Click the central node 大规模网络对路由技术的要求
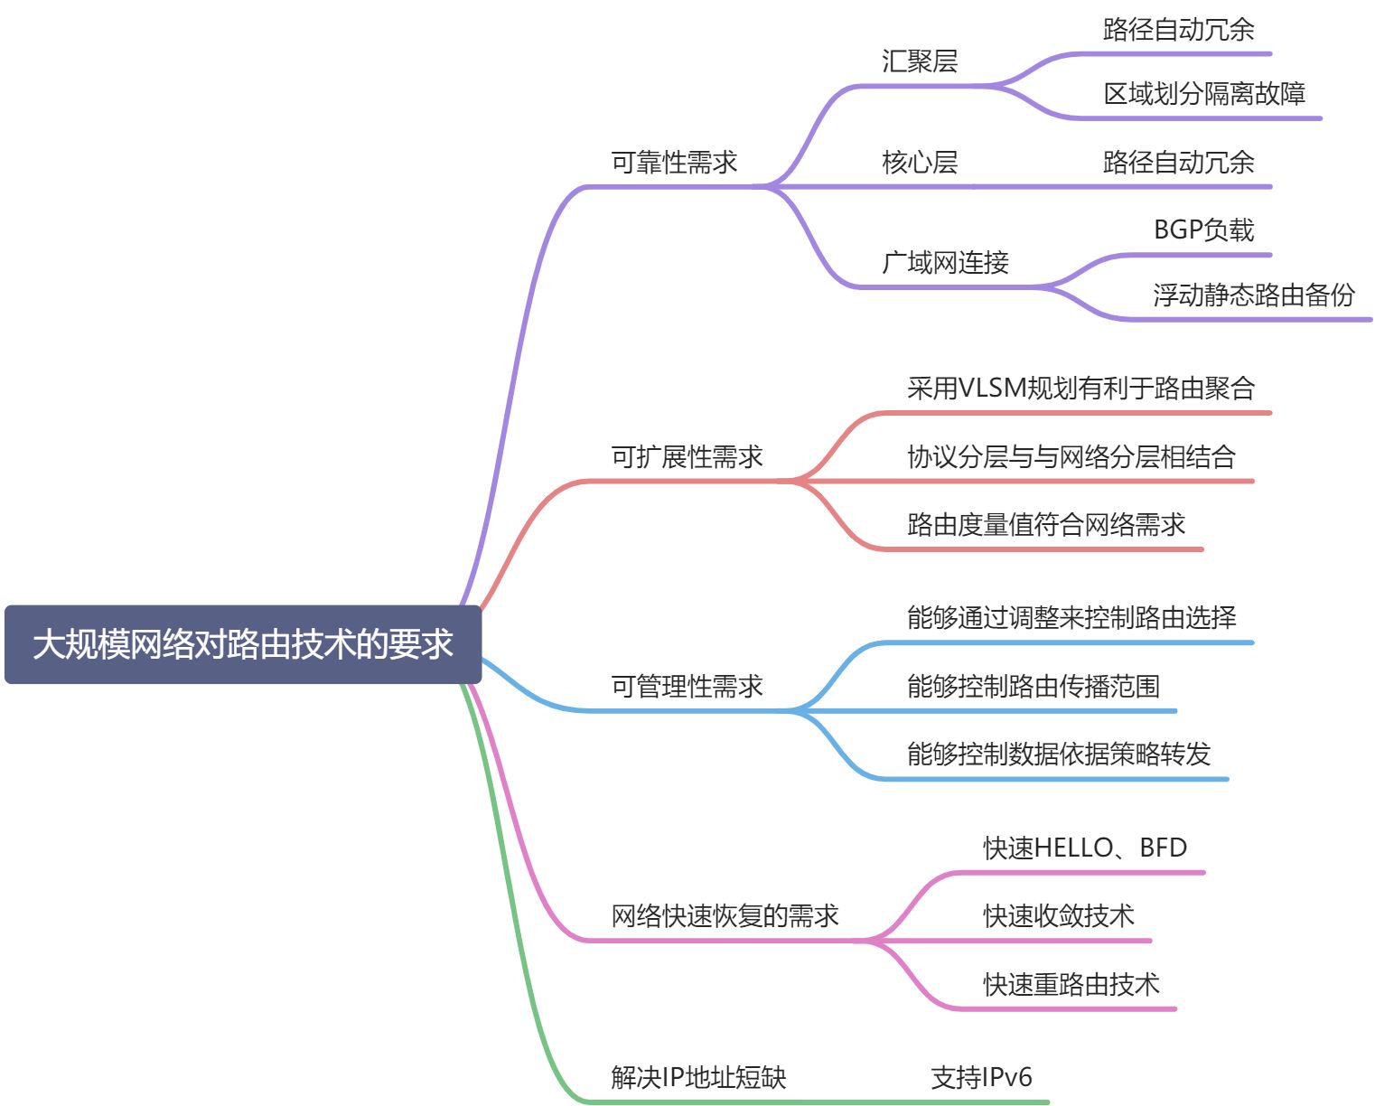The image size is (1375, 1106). [242, 644]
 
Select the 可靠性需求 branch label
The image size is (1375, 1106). [674, 163]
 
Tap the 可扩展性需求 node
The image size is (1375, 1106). [687, 456]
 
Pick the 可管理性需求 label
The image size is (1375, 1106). [687, 686]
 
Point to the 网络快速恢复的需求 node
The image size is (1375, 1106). [725, 915]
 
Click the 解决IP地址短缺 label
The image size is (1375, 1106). [698, 1077]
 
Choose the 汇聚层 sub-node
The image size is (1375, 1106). [919, 61]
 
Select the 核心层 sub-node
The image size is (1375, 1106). [919, 163]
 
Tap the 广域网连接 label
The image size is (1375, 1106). [945, 263]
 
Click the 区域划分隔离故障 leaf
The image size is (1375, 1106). [1204, 93]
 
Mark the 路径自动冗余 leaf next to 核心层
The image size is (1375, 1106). [1178, 163]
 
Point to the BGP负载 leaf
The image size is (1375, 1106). [1203, 230]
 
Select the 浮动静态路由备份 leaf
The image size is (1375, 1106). [1254, 295]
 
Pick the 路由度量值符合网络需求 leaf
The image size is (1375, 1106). [1045, 524]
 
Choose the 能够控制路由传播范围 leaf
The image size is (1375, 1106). [1033, 686]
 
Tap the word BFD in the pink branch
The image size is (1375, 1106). [1163, 848]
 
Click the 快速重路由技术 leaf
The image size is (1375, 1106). [1071, 984]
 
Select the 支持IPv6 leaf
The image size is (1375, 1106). [981, 1077]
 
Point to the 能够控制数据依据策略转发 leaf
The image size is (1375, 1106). [1058, 754]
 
